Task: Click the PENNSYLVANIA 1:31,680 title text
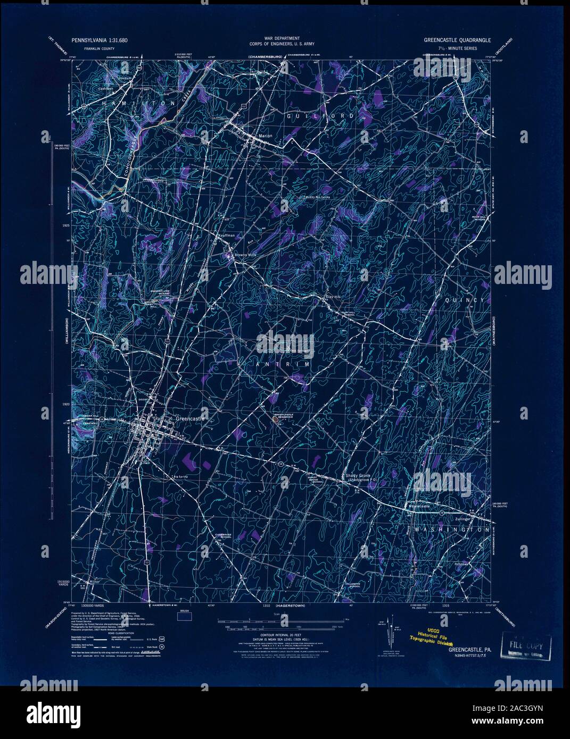point(101,40)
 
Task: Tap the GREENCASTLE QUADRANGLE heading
point(457,40)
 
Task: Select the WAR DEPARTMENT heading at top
point(284,39)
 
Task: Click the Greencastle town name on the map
point(189,419)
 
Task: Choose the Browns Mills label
point(246,255)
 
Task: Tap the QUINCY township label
point(465,300)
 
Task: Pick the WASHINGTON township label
point(450,530)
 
